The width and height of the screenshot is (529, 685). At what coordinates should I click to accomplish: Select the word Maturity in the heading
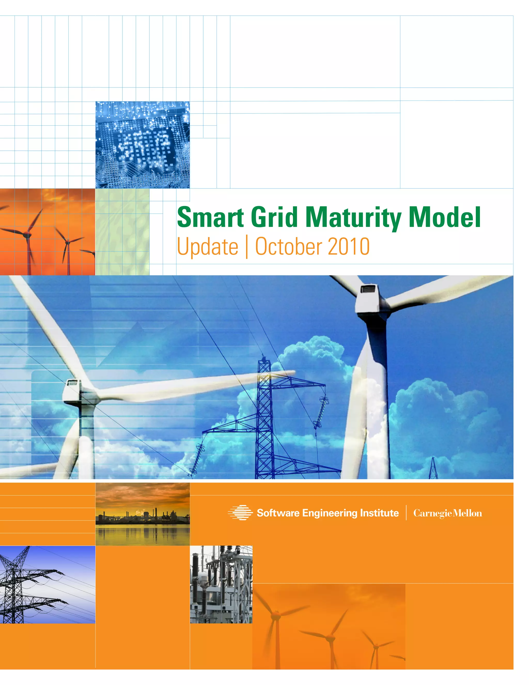tap(353, 218)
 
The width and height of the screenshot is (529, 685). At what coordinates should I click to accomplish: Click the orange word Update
tap(207, 247)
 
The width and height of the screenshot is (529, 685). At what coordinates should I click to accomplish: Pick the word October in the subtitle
tap(289, 247)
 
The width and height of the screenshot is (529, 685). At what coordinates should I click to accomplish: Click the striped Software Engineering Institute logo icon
tap(240, 513)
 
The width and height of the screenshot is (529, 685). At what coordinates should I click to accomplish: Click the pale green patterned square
tap(122, 232)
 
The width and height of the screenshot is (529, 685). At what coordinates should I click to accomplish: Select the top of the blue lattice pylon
tap(264, 359)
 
